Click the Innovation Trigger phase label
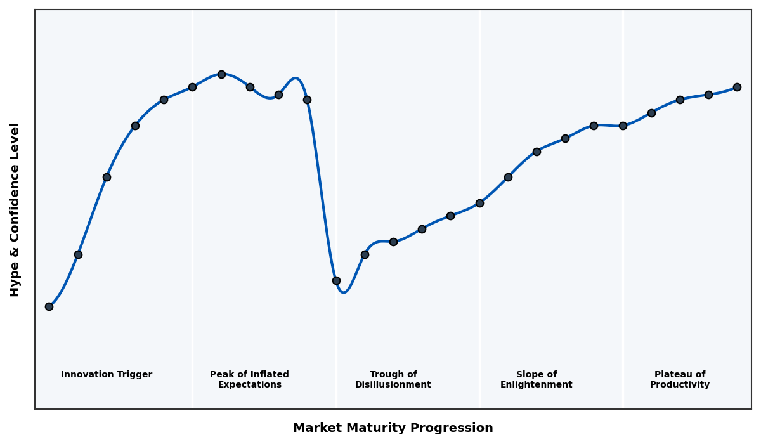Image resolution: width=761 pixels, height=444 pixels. pyautogui.click(x=107, y=375)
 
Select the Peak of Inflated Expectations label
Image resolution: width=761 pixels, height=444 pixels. pyautogui.click(x=249, y=379)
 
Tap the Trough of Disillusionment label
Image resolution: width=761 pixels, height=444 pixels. pyautogui.click(x=393, y=379)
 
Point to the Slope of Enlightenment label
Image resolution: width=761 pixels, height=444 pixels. pyautogui.click(x=537, y=379)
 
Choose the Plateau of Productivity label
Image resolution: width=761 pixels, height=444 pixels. pyautogui.click(x=680, y=379)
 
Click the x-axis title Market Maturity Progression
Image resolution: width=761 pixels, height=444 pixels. pyautogui.click(x=393, y=428)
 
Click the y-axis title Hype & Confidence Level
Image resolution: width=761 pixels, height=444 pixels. pyautogui.click(x=15, y=209)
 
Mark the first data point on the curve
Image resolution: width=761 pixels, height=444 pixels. pyautogui.click(x=49, y=306)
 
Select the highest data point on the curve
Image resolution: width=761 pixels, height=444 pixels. pyautogui.click(x=221, y=74)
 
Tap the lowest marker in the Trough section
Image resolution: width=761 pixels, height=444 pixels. pyautogui.click(x=336, y=280)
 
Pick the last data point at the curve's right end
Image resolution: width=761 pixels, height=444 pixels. pyautogui.click(x=737, y=87)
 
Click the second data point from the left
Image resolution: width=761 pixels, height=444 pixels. pyautogui.click(x=78, y=254)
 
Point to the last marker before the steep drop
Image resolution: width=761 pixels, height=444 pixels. pyautogui.click(x=307, y=100)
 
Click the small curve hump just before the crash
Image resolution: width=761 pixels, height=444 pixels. pyautogui.click(x=295, y=79)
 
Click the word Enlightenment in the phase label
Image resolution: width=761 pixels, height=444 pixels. pyautogui.click(x=537, y=385)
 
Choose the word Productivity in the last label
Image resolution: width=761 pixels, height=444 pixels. pyautogui.click(x=680, y=385)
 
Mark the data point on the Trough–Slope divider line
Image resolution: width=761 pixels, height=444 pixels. pyautogui.click(x=479, y=203)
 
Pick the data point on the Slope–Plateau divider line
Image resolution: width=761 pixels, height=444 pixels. pyautogui.click(x=623, y=126)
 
